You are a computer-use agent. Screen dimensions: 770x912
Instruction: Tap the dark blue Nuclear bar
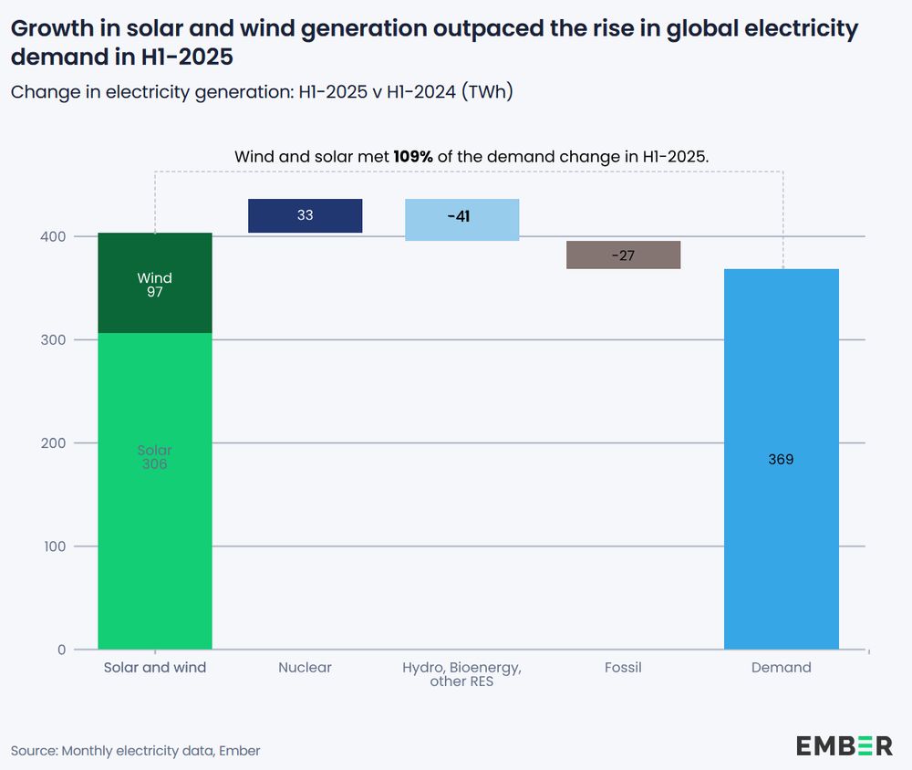click(x=306, y=216)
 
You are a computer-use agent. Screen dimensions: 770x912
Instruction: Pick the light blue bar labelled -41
click(x=462, y=219)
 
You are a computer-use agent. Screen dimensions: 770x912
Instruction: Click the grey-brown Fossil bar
click(x=624, y=255)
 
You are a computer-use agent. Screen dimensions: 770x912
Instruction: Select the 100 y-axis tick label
click(x=56, y=546)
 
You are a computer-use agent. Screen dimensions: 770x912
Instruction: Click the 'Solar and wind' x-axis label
click(x=155, y=668)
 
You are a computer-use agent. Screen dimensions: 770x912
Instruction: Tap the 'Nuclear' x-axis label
click(x=306, y=668)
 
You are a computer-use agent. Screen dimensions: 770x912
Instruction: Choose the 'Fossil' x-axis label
click(x=623, y=668)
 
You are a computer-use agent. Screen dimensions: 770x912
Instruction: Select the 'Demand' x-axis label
click(x=782, y=668)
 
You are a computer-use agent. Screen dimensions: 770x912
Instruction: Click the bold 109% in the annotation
click(x=413, y=156)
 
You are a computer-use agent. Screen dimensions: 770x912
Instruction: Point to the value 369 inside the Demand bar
click(x=782, y=459)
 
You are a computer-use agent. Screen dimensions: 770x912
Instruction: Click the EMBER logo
click(x=845, y=745)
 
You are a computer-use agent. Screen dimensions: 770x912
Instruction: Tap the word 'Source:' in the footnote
click(x=35, y=751)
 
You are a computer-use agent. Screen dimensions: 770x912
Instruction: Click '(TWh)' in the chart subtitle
click(x=491, y=91)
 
